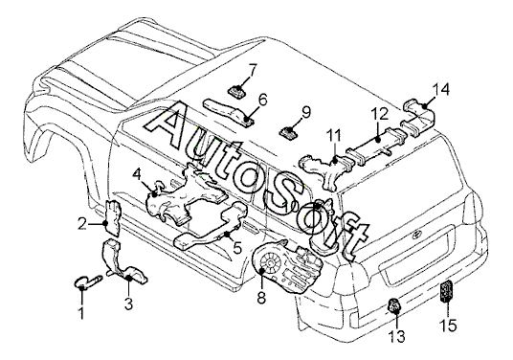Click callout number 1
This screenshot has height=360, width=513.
point(81,313)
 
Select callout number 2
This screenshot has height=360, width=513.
point(82,224)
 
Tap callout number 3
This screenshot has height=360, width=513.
point(128,304)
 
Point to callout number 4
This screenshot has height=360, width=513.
point(137,175)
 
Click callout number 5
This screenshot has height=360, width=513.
point(237,248)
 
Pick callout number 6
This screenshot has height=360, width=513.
point(262,100)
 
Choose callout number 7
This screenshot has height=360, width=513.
point(253,70)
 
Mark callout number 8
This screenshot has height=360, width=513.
point(261,298)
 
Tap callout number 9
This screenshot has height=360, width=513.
point(305,113)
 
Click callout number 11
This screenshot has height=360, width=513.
point(334,136)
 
